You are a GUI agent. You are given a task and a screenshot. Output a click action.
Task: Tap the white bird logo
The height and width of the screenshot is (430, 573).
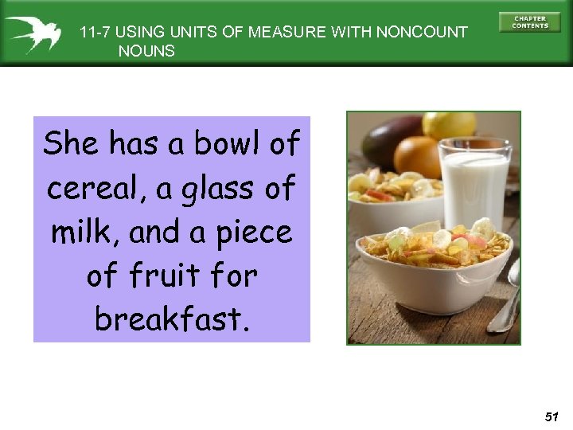click(x=31, y=33)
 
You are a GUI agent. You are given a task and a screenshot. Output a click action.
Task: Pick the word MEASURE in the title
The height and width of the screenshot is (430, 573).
click(x=283, y=33)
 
